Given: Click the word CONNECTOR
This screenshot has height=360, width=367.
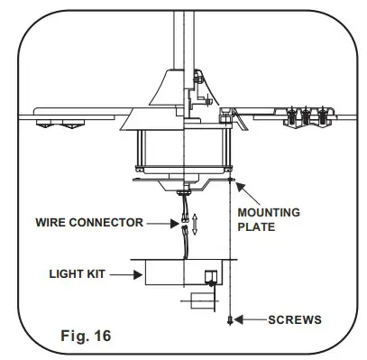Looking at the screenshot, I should coord(113,222).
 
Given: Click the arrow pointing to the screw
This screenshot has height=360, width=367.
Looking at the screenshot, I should coord(253,319).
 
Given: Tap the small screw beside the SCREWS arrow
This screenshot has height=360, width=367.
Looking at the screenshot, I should coord(233,319).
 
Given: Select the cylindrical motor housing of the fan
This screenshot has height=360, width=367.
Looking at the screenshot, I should coord(180,150).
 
